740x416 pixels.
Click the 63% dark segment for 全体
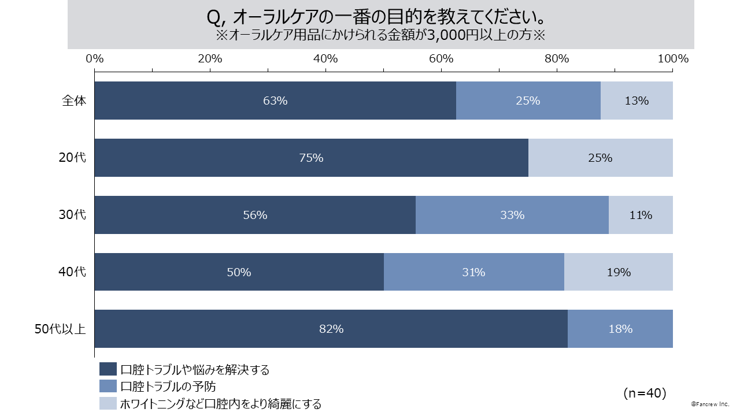pyautogui.click(x=275, y=101)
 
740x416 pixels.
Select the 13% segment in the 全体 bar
pyautogui.click(x=637, y=101)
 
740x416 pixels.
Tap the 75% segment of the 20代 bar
pyautogui.click(x=311, y=158)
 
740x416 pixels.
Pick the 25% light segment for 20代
pyautogui.click(x=600, y=158)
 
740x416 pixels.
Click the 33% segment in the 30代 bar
pyautogui.click(x=512, y=215)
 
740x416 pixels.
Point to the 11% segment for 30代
pyautogui.click(x=641, y=215)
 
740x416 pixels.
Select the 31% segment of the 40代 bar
pyautogui.click(x=473, y=272)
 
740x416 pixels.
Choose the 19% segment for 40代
pyautogui.click(x=619, y=272)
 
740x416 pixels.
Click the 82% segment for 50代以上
pyautogui.click(x=331, y=329)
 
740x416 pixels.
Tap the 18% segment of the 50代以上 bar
pyautogui.click(x=620, y=329)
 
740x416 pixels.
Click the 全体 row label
pyautogui.click(x=74, y=101)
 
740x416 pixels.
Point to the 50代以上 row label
pyautogui.click(x=60, y=329)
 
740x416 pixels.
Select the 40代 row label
pyautogui.click(x=73, y=272)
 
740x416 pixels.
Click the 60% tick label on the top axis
pyautogui.click(x=441, y=59)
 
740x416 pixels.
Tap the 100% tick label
pyautogui.click(x=673, y=59)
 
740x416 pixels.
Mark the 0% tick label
pyautogui.click(x=95, y=59)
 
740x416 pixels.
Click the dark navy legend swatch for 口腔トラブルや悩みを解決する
pyautogui.click(x=108, y=370)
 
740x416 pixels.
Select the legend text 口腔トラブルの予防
pyautogui.click(x=168, y=387)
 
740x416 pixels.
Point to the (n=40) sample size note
pyautogui.click(x=645, y=393)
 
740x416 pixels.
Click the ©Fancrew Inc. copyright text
pyautogui.click(x=710, y=404)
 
